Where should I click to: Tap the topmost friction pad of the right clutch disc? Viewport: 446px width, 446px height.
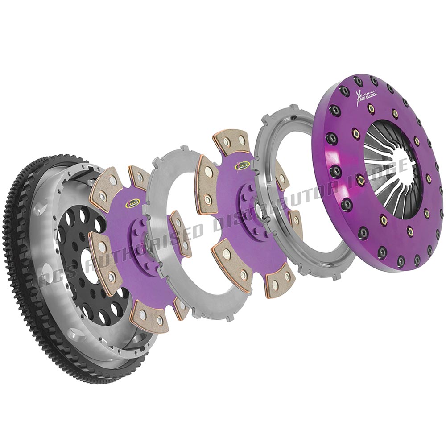(x=231, y=141)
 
